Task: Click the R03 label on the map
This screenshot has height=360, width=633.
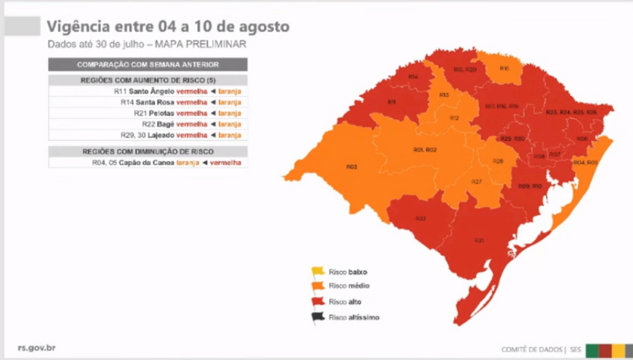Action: (x=352, y=166)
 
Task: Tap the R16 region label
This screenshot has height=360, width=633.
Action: (x=504, y=68)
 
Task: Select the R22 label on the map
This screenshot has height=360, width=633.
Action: (x=420, y=219)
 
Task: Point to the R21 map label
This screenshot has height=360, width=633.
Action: (x=479, y=240)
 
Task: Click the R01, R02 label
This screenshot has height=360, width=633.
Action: (x=425, y=150)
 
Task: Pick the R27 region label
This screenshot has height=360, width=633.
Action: (x=476, y=182)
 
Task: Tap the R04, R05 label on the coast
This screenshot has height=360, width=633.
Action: (x=585, y=162)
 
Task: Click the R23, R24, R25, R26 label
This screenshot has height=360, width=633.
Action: (x=571, y=112)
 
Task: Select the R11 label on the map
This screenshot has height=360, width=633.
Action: (x=391, y=101)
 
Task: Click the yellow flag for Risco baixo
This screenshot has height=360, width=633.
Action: (x=318, y=271)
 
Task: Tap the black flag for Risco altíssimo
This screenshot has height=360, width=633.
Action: (x=318, y=317)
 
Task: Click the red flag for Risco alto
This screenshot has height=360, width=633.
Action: (x=318, y=302)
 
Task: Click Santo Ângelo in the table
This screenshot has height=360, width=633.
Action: (x=151, y=91)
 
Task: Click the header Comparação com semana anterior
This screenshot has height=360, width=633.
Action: (x=148, y=64)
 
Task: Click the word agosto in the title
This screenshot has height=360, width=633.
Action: (x=266, y=27)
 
